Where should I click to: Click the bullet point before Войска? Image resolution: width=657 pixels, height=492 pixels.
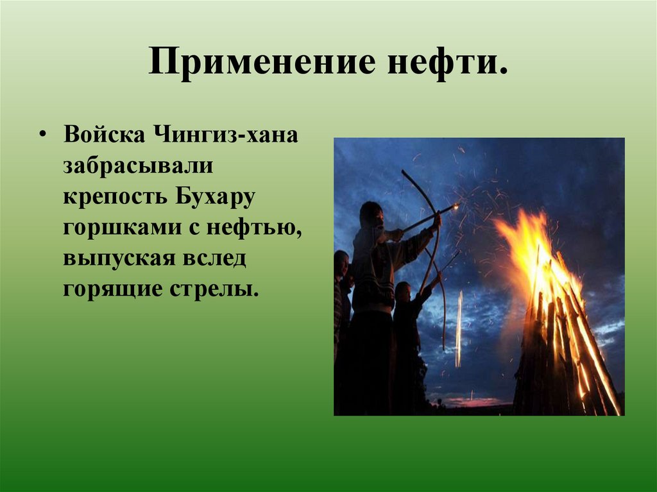point(42,137)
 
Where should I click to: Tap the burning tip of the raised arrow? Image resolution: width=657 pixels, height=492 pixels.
point(456,207)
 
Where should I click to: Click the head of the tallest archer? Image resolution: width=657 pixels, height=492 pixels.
point(371,215)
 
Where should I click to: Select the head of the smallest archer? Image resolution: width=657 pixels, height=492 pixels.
point(403,292)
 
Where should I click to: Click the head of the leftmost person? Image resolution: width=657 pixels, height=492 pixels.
point(341,263)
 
